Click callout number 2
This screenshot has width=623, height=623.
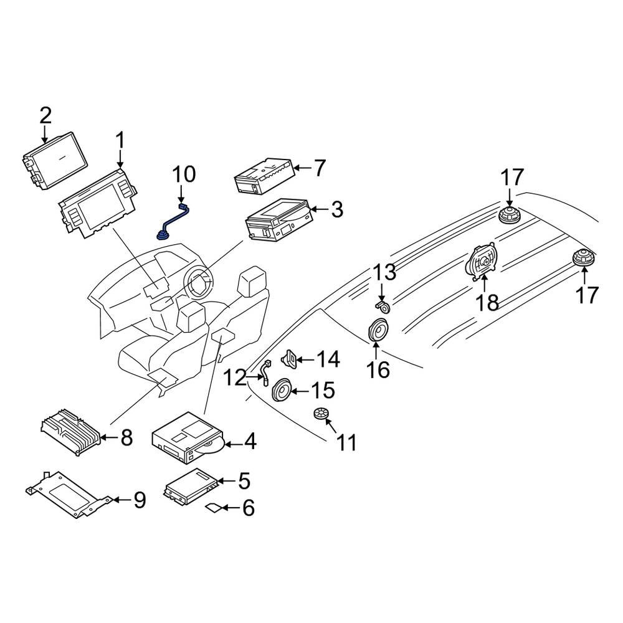(x=45, y=115)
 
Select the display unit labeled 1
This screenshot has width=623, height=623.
(x=97, y=206)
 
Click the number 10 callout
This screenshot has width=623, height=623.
(x=184, y=174)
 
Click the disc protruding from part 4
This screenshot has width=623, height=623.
(x=212, y=445)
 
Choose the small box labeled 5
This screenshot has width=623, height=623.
(x=190, y=483)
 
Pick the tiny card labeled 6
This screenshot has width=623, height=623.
(x=213, y=508)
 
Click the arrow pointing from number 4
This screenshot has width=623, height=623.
(x=232, y=444)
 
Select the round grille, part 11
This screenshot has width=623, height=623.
(x=321, y=414)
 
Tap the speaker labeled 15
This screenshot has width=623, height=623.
(x=281, y=391)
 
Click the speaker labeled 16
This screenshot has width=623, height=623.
(x=378, y=330)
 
